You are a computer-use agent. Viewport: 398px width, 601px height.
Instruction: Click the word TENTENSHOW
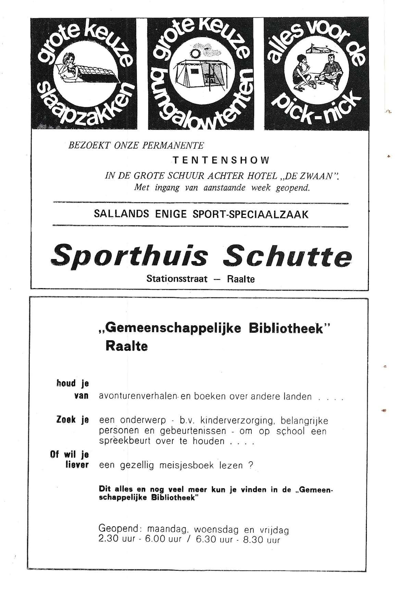[221, 160]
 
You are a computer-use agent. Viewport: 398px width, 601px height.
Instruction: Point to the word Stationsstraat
[177, 279]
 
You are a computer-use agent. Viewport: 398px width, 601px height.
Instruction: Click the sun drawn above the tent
[195, 54]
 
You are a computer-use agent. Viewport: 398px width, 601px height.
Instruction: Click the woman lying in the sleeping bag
[70, 66]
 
